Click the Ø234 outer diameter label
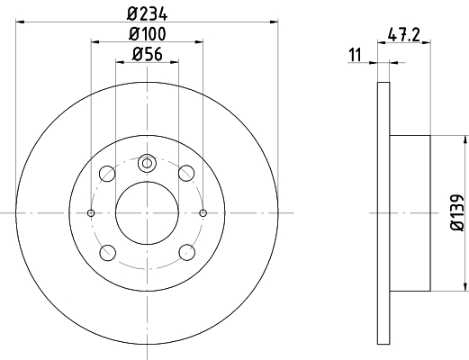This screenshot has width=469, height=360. [147, 13]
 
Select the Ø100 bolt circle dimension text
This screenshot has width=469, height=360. [147, 33]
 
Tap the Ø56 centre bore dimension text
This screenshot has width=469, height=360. [148, 54]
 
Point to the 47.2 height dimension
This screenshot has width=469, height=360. [404, 34]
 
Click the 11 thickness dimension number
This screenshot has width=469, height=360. [356, 55]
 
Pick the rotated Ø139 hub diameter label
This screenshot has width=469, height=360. [457, 212]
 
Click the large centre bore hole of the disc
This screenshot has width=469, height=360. [147, 213]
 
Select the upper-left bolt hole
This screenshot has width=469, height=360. [107, 174]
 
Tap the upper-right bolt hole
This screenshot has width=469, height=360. [186, 174]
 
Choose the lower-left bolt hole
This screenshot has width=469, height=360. [108, 253]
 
